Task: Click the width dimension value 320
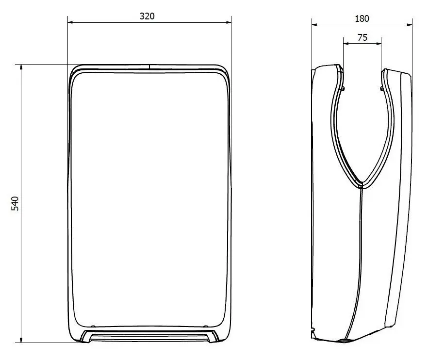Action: [x=147, y=16]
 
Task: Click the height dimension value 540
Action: [x=15, y=203]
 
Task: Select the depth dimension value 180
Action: [x=362, y=18]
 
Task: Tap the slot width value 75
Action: [x=362, y=37]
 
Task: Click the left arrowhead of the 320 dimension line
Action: [x=71, y=23]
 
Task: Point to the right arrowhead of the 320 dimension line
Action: [x=228, y=23]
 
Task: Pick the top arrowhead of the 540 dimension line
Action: [x=21, y=67]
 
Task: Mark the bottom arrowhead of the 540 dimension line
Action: [x=21, y=340]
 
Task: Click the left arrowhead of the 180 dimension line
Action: [x=315, y=25]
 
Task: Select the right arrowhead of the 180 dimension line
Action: [x=409, y=25]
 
